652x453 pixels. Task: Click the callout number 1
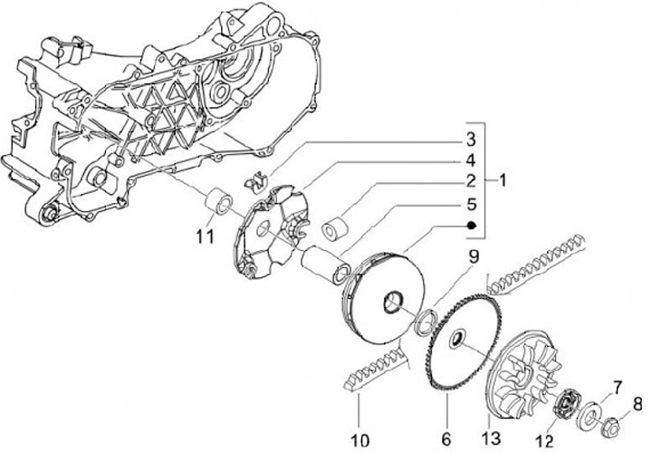501,180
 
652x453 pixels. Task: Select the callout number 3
471,140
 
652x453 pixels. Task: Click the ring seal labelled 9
426,321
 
